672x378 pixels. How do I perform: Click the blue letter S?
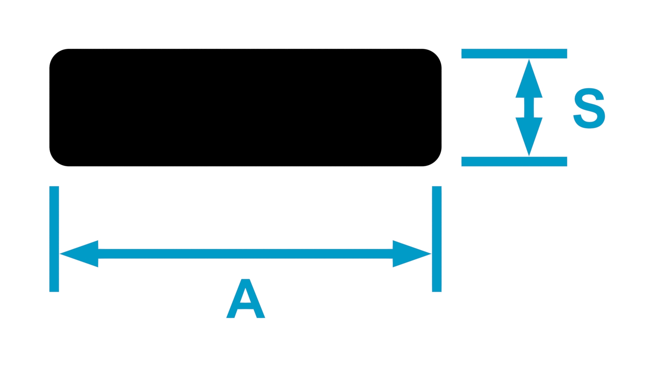(589, 108)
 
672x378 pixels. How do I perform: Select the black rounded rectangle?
(245, 107)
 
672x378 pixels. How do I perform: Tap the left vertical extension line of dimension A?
(54, 239)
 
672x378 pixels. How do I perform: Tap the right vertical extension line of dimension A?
(437, 239)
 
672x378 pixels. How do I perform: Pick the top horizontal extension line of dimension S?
(514, 54)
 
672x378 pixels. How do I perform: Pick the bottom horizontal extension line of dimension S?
(514, 161)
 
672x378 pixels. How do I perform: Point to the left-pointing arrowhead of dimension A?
(79, 254)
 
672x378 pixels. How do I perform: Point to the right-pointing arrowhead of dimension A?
(412, 254)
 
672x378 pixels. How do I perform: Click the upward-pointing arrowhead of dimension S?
(529, 78)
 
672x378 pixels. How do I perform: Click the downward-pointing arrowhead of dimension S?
(529, 137)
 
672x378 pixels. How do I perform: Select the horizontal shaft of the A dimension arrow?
(245, 254)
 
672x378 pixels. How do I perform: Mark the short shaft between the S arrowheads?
(529, 107)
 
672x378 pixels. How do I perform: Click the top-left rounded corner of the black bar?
(55, 55)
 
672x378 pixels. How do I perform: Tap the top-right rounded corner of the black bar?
(436, 55)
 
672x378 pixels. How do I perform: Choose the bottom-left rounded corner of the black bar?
(55, 160)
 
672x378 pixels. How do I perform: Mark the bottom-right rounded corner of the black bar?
(436, 160)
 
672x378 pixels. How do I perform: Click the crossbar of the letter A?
(246, 306)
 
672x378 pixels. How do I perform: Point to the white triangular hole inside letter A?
(246, 296)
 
